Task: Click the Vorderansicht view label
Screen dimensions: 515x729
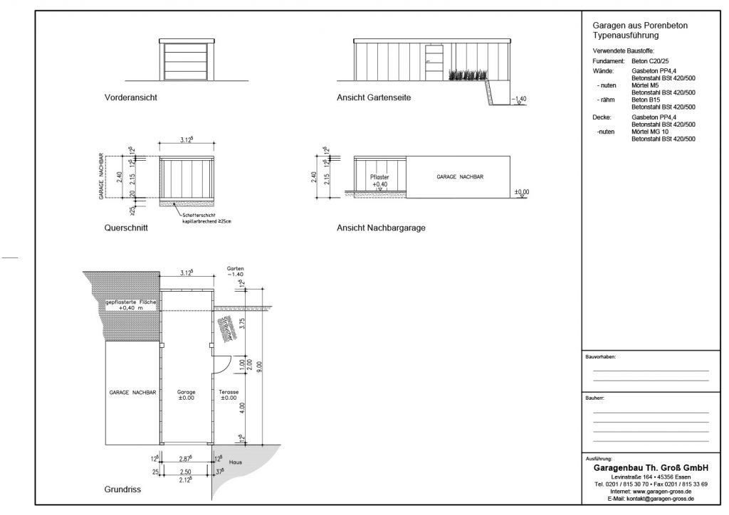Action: click(x=130, y=97)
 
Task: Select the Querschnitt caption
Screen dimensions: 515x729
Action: click(x=126, y=229)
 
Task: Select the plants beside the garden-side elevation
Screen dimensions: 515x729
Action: click(x=469, y=75)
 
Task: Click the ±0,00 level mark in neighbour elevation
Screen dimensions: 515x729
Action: click(x=522, y=192)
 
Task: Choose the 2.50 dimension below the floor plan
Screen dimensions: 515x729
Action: click(x=185, y=472)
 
